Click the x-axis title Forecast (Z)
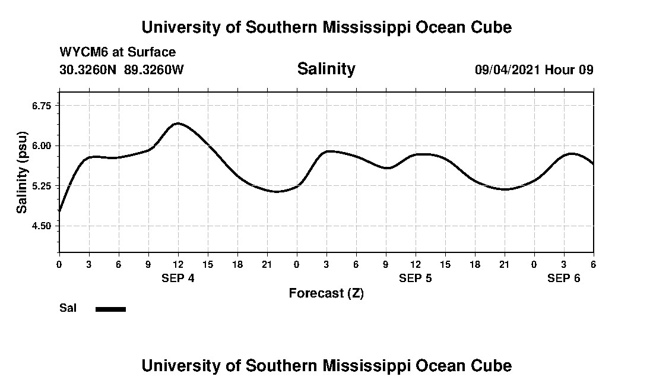326,293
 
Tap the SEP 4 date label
178,278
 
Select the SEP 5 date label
416,278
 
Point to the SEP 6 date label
564,278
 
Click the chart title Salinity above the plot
326,69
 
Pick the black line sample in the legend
110,309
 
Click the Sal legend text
68,308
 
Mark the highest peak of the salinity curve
177,124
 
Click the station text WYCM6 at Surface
118,52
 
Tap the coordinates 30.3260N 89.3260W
122,69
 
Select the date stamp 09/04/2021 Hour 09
534,69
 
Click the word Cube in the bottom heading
492,365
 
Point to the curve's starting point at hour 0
60,211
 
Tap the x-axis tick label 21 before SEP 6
505,264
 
